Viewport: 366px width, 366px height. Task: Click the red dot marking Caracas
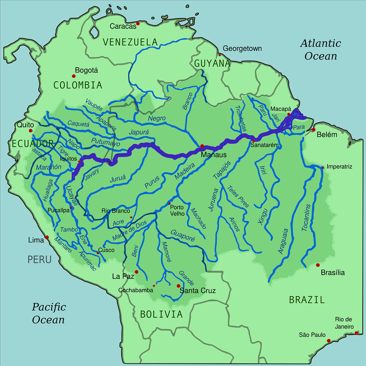click(x=138, y=24)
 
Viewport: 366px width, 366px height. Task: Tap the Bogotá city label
click(x=86, y=71)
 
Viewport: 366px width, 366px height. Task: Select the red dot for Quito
click(x=31, y=131)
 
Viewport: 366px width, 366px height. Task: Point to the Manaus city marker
click(x=202, y=146)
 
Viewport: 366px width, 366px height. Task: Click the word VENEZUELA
click(x=130, y=42)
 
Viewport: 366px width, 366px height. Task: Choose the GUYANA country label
click(x=212, y=64)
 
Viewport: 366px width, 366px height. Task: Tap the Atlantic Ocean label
click(x=321, y=50)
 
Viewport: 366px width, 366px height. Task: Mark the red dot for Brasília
click(x=318, y=265)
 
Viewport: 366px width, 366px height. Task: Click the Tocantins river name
click(x=307, y=217)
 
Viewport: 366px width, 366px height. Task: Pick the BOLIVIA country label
click(x=161, y=314)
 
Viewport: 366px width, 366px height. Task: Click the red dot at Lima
click(x=47, y=237)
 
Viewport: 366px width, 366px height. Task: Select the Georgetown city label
click(x=242, y=49)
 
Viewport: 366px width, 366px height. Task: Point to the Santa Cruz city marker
click(x=179, y=286)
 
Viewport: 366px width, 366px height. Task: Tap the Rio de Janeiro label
click(x=344, y=323)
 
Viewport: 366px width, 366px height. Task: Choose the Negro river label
click(x=157, y=119)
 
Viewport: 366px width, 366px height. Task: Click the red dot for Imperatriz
click(x=322, y=168)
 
